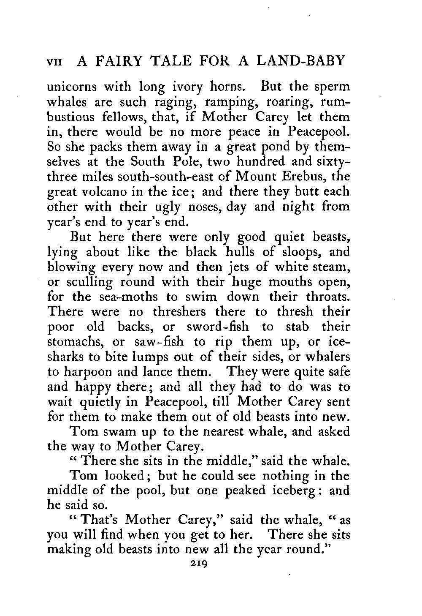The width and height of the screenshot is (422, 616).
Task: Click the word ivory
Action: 182,88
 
